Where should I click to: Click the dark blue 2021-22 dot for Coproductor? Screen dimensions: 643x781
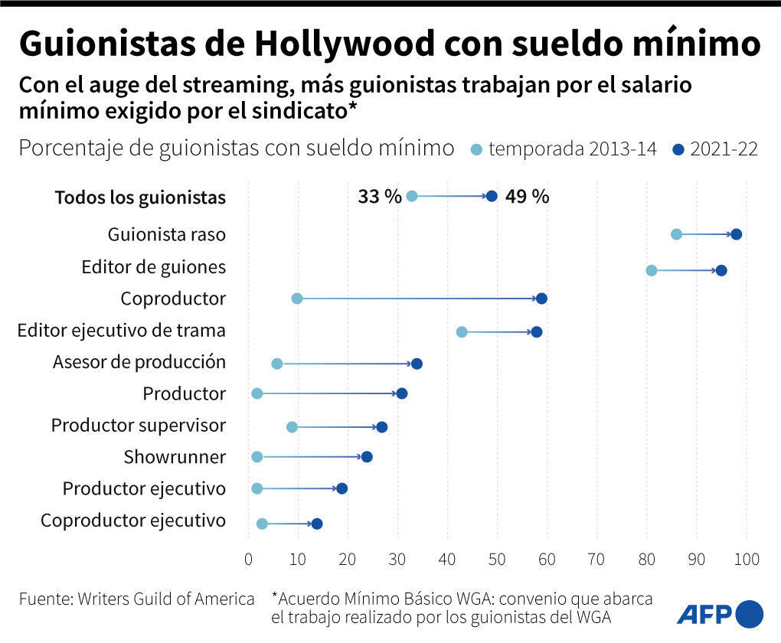pyautogui.click(x=542, y=299)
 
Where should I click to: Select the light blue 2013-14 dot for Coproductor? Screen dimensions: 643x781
pyautogui.click(x=297, y=299)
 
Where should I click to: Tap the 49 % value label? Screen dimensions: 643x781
pyautogui.click(x=527, y=197)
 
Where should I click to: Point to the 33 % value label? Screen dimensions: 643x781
pyautogui.click(x=379, y=197)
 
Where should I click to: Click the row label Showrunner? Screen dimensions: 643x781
pyautogui.click(x=175, y=458)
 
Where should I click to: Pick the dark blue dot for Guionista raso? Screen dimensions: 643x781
pyautogui.click(x=736, y=234)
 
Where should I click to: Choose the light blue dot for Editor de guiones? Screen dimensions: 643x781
pyautogui.click(x=652, y=270)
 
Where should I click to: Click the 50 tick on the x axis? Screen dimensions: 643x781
pyautogui.click(x=497, y=560)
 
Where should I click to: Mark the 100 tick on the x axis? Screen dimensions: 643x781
pyautogui.click(x=746, y=560)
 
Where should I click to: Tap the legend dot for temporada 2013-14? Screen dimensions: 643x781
pyautogui.click(x=478, y=149)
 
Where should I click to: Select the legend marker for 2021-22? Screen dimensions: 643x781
pyautogui.click(x=678, y=149)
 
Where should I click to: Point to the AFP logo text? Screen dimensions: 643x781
pyautogui.click(x=704, y=613)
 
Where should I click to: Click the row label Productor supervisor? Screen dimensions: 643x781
pyautogui.click(x=139, y=426)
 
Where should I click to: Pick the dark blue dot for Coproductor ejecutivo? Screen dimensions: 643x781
pyautogui.click(x=317, y=524)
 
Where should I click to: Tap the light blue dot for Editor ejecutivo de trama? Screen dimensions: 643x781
pyautogui.click(x=462, y=331)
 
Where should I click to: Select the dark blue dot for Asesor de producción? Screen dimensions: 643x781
pyautogui.click(x=417, y=364)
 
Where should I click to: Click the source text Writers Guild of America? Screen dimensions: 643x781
pyautogui.click(x=165, y=599)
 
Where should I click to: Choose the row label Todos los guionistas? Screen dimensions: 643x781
pyautogui.click(x=140, y=197)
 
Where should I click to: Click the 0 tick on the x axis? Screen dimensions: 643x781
pyautogui.click(x=248, y=560)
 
